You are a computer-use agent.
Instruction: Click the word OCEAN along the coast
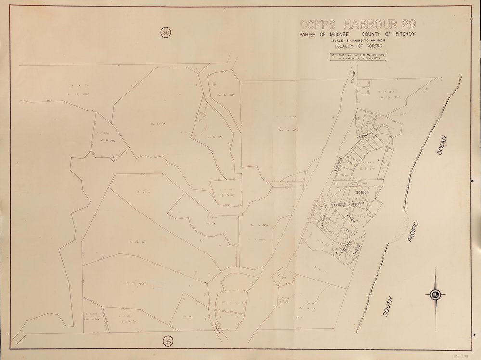(x=442, y=146)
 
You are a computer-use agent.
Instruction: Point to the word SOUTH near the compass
(x=388, y=307)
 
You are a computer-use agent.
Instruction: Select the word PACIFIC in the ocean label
(x=414, y=231)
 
